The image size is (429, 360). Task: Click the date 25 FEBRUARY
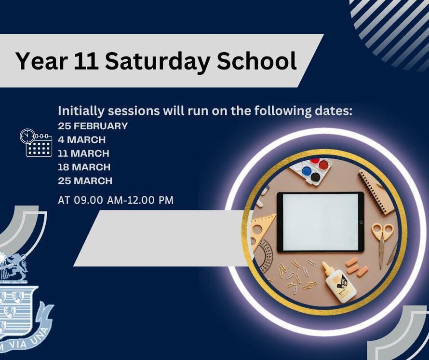pos(93,126)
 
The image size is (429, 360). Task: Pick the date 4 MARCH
pos(81,140)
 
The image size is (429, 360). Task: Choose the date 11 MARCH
pos(83,153)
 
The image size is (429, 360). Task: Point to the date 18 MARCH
pos(84,167)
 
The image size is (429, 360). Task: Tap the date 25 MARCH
pos(85,181)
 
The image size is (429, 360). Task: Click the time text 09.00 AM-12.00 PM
pos(124,200)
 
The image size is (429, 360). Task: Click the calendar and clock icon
pos(36,143)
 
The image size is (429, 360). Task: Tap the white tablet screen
pos(320,222)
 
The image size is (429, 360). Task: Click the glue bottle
pos(338,282)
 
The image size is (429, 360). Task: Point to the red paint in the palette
pos(323,165)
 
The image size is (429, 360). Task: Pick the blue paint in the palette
pos(307,171)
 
